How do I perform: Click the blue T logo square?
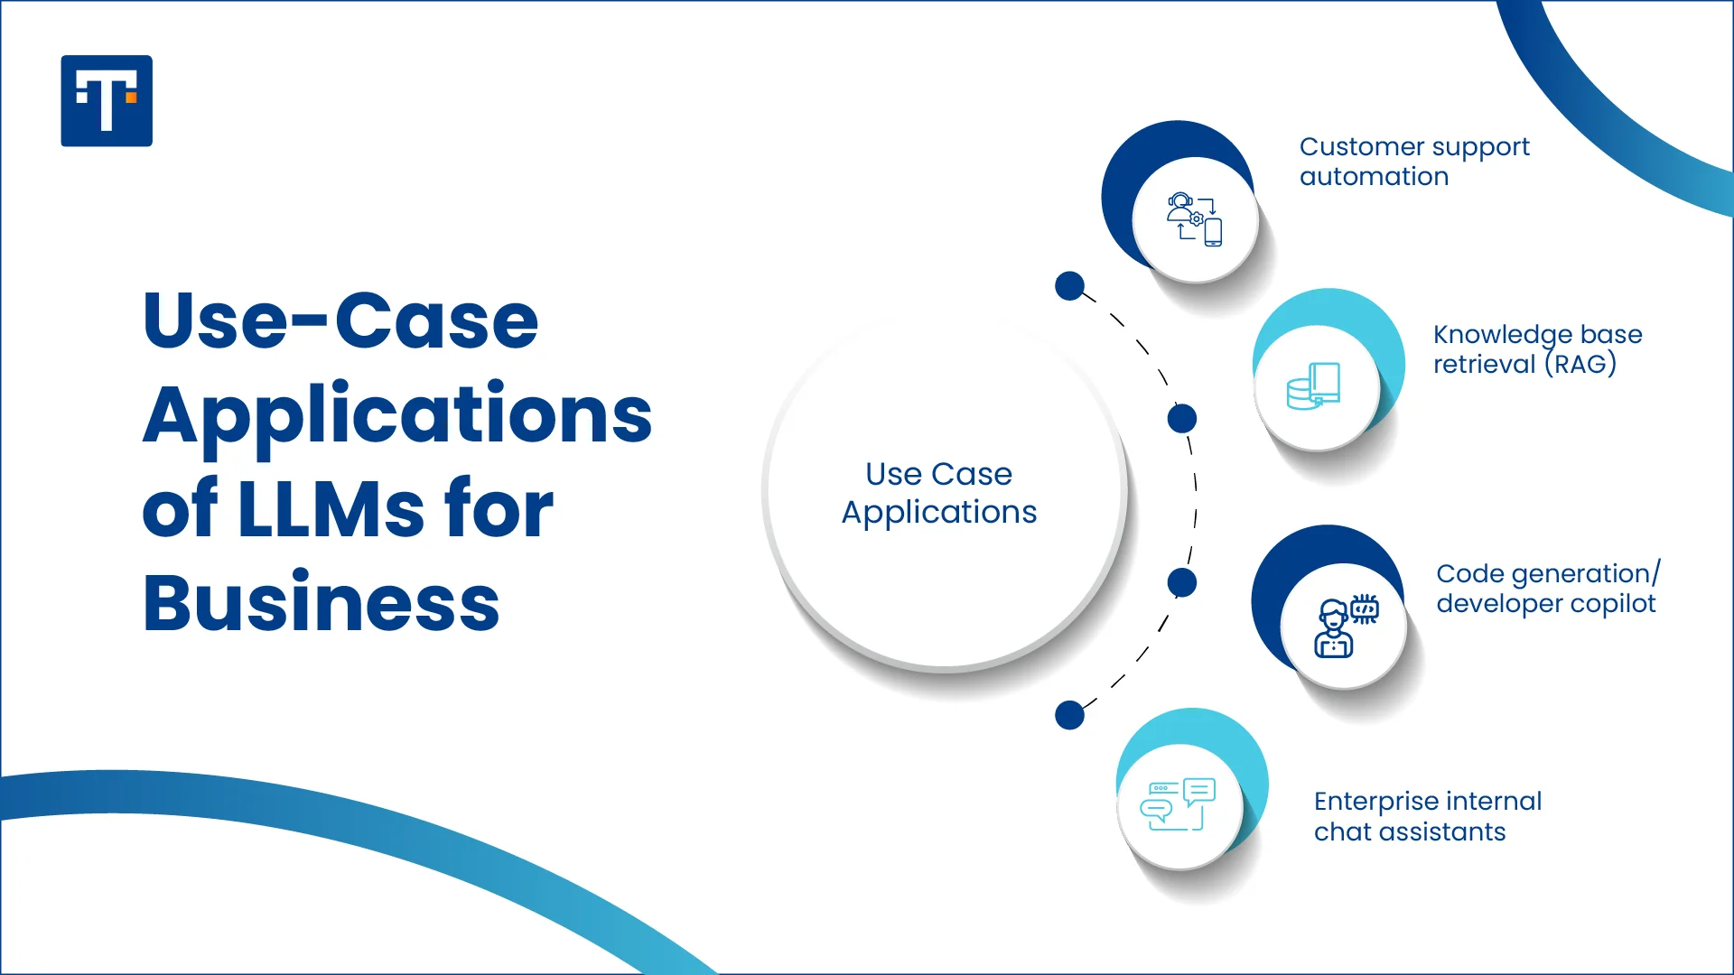(107, 101)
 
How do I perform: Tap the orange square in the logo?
(131, 97)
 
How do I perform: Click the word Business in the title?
(321, 603)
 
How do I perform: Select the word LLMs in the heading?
(331, 509)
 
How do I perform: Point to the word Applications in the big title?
(397, 415)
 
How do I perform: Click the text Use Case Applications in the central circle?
(939, 493)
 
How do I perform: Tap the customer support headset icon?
(1194, 219)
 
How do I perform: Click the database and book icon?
(1314, 386)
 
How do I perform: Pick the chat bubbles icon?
(1178, 804)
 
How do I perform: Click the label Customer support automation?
(1414, 162)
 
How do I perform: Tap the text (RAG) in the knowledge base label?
(1580, 365)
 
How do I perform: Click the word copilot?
(1615, 604)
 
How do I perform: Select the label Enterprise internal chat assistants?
(1427, 816)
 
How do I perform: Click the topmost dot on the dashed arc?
(1070, 286)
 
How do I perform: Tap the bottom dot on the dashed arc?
(1070, 715)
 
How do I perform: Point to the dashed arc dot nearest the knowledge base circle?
(1182, 419)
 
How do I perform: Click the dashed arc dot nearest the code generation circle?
(1182, 582)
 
